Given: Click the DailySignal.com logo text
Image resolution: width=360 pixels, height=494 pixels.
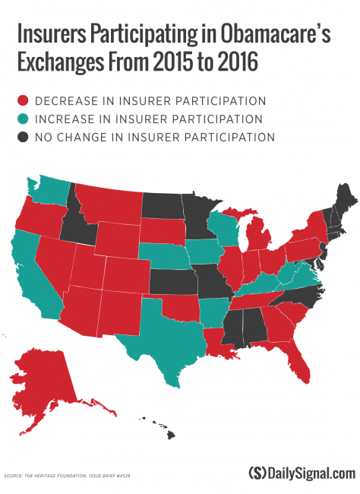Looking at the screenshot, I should [302, 473].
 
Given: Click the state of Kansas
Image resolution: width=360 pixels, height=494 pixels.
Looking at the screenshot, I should [173, 280].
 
